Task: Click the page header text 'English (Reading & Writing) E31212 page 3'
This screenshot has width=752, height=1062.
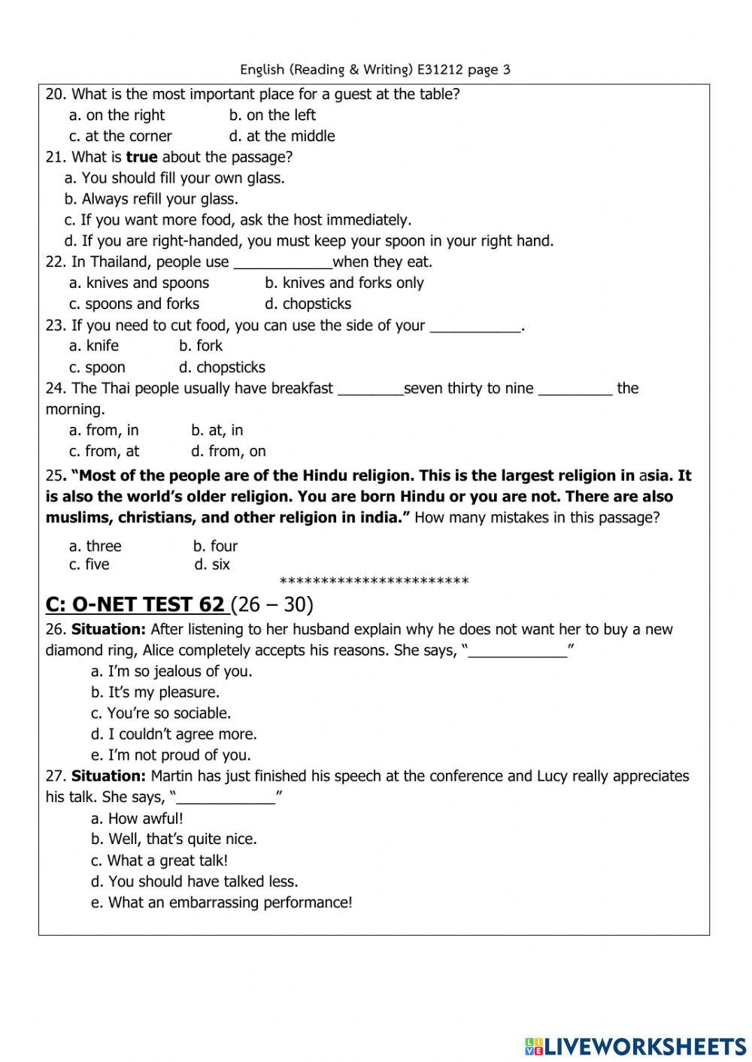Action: (375, 70)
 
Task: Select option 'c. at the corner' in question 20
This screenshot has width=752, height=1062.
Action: (120, 136)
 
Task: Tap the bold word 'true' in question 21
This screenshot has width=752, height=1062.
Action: (141, 157)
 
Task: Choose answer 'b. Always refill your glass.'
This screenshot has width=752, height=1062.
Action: (151, 199)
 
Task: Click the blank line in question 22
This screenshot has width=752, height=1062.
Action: (283, 262)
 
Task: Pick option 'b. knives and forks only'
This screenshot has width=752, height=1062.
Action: (344, 283)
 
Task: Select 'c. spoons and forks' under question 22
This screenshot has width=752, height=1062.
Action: (134, 304)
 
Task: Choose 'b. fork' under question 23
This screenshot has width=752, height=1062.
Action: (201, 346)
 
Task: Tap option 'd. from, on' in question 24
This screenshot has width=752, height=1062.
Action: (229, 452)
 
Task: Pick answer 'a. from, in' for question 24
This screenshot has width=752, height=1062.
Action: (104, 431)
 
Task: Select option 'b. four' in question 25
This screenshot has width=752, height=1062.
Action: (215, 546)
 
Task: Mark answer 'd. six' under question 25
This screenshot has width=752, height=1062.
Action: (212, 564)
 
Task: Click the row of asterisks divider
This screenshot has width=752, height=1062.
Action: (374, 582)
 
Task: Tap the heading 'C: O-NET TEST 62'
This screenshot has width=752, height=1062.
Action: (135, 604)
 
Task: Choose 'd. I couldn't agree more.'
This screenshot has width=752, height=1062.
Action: (174, 734)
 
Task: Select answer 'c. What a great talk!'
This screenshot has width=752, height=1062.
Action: (159, 861)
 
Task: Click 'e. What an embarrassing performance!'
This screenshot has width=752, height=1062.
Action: (221, 903)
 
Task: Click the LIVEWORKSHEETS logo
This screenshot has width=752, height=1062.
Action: (635, 1045)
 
